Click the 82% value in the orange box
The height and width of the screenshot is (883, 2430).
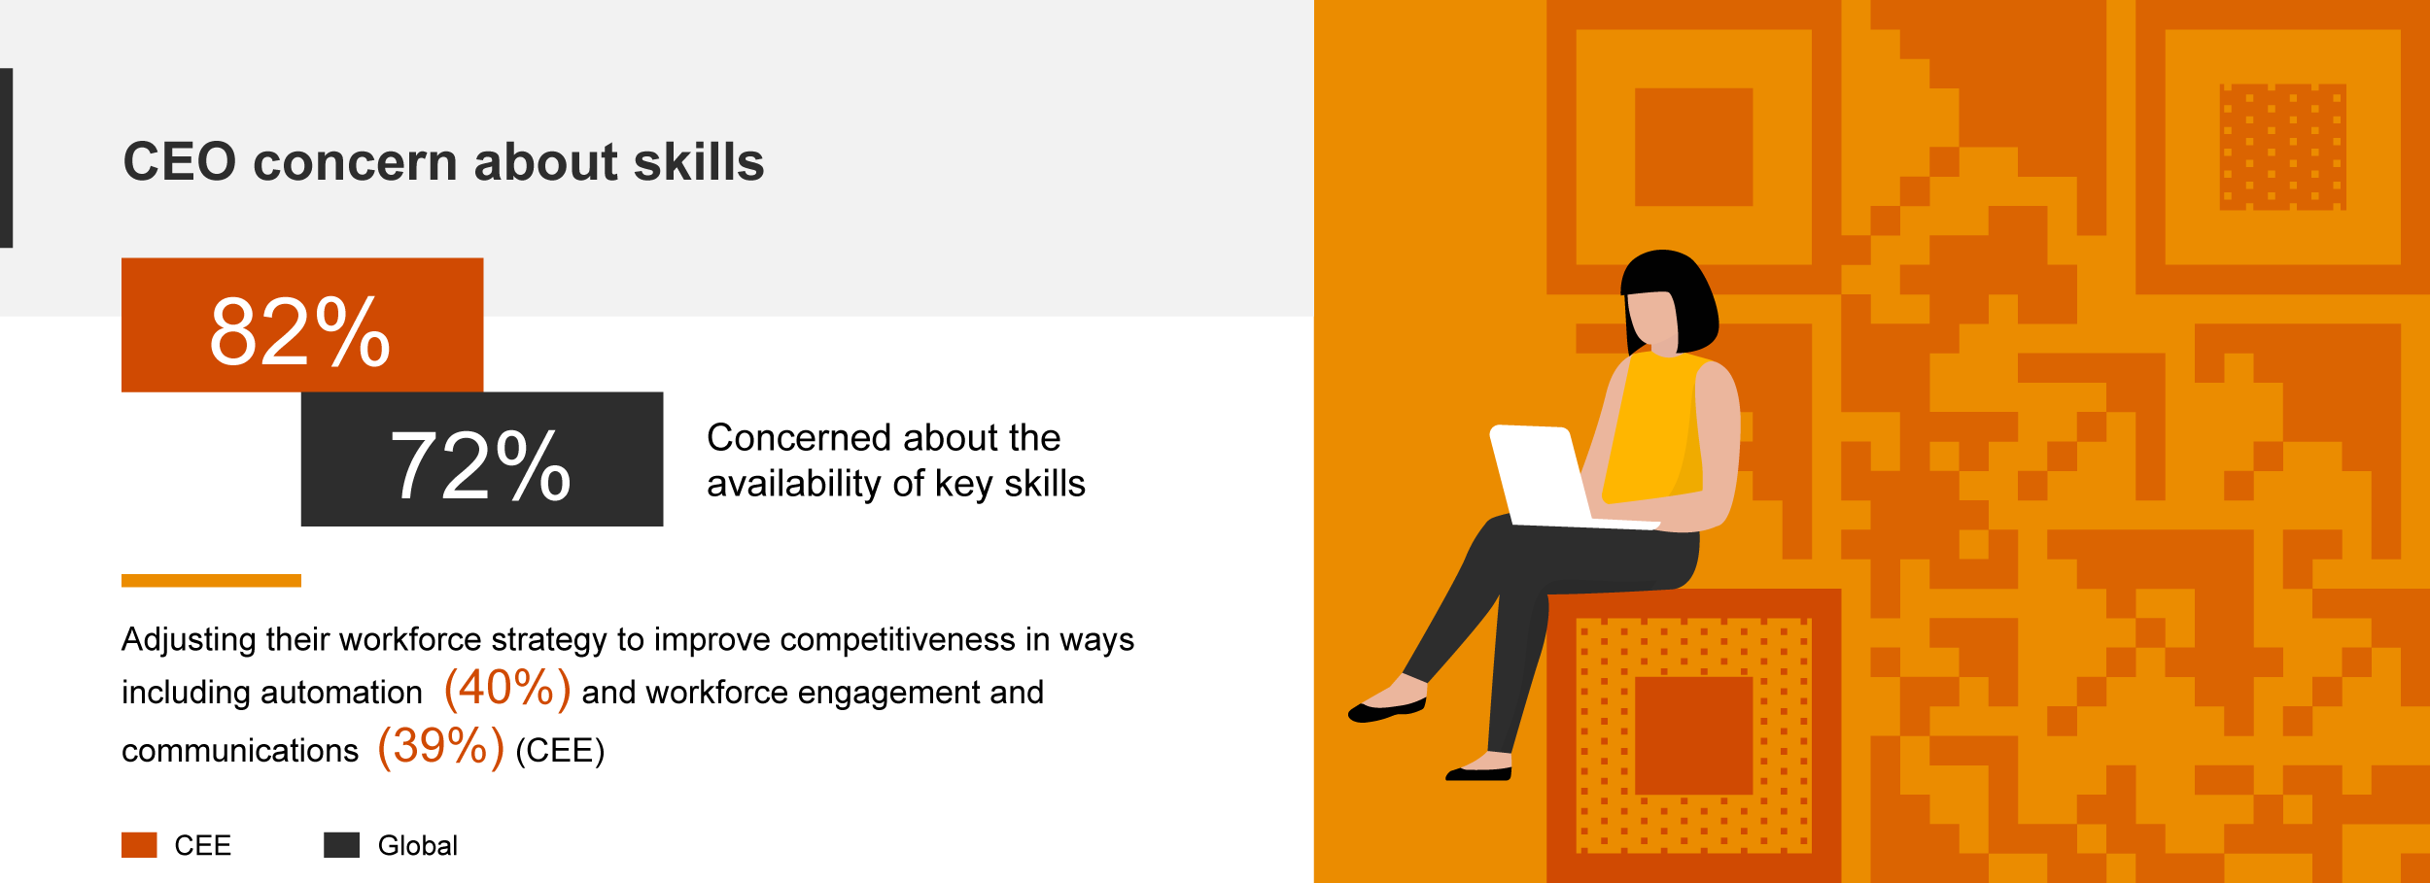(x=299, y=331)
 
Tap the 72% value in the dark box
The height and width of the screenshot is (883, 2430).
(x=479, y=465)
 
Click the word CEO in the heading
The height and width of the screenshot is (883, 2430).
(x=180, y=161)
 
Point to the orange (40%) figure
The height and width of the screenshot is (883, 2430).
(x=507, y=688)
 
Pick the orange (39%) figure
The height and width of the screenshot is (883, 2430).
(x=441, y=746)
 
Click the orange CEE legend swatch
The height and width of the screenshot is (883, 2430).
(x=139, y=845)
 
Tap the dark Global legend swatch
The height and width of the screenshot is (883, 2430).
(x=341, y=845)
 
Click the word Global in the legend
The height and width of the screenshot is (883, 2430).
(x=417, y=846)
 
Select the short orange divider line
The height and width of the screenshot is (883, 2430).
(x=211, y=581)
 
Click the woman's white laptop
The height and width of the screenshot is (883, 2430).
(x=1555, y=476)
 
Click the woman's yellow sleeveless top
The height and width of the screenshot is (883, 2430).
(x=1652, y=427)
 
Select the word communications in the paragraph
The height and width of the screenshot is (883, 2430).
(x=240, y=751)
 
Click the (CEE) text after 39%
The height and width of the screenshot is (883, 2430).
(x=560, y=751)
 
